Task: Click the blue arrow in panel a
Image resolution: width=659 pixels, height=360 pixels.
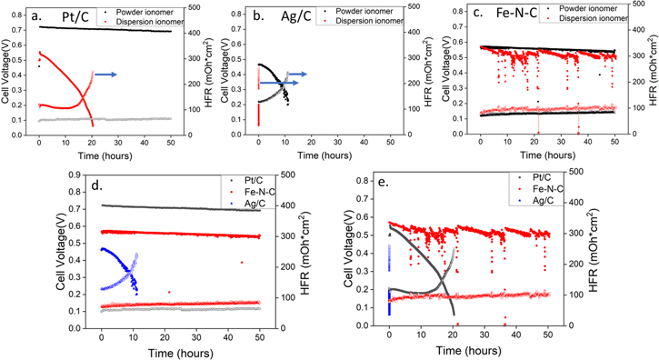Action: click(x=103, y=75)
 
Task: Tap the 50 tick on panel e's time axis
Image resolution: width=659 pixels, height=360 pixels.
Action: click(x=547, y=335)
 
